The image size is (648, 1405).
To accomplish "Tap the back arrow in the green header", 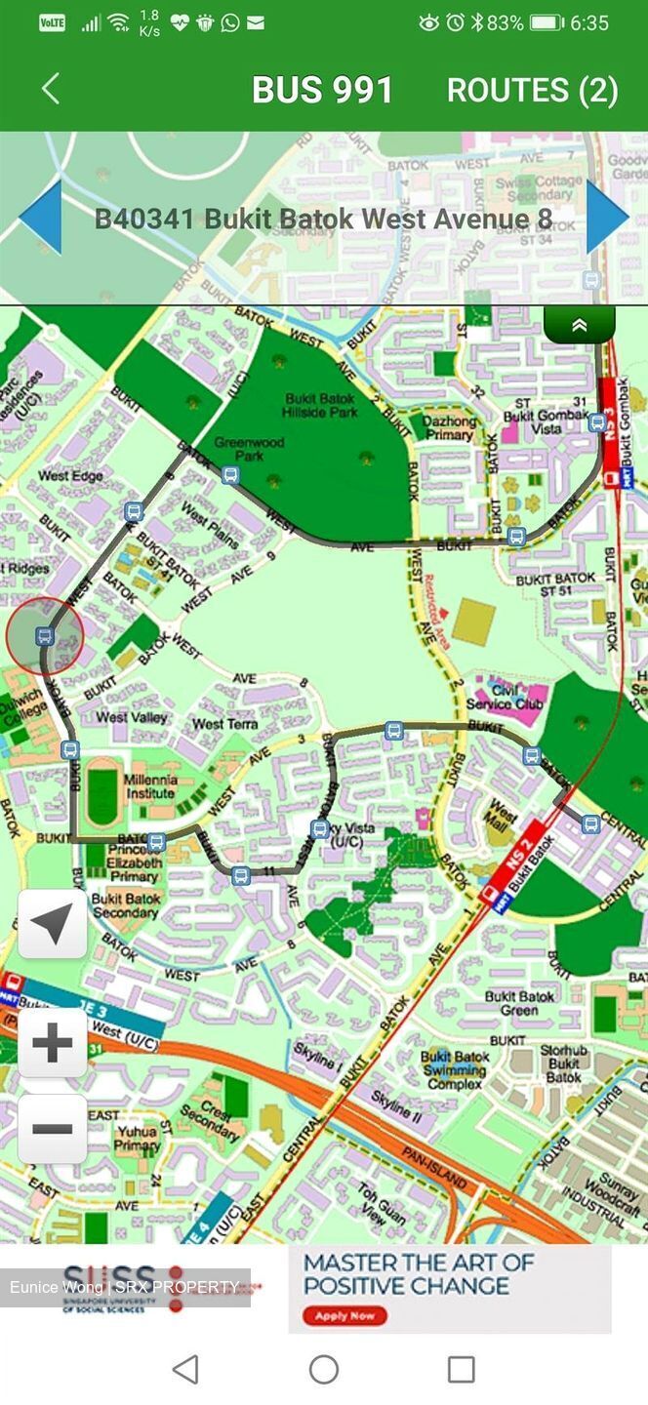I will (51, 89).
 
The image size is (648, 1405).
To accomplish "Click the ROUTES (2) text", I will (532, 90).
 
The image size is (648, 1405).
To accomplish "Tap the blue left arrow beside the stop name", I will (40, 218).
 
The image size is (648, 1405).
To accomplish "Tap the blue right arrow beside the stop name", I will (606, 218).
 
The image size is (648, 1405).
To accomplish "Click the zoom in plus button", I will (53, 1043).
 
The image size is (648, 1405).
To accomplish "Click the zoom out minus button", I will (53, 1129).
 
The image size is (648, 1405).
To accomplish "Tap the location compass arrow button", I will (53, 923).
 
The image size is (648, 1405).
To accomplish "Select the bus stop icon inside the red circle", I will (44, 636).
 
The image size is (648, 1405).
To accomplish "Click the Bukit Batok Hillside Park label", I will (322, 405).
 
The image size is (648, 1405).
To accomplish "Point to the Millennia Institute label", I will (150, 786).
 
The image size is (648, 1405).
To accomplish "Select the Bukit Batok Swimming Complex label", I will (455, 1070).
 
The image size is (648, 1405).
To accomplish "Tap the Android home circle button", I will (324, 1369).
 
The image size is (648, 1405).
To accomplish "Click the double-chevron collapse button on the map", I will (579, 326).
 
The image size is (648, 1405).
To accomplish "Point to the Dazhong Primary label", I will (449, 427).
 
